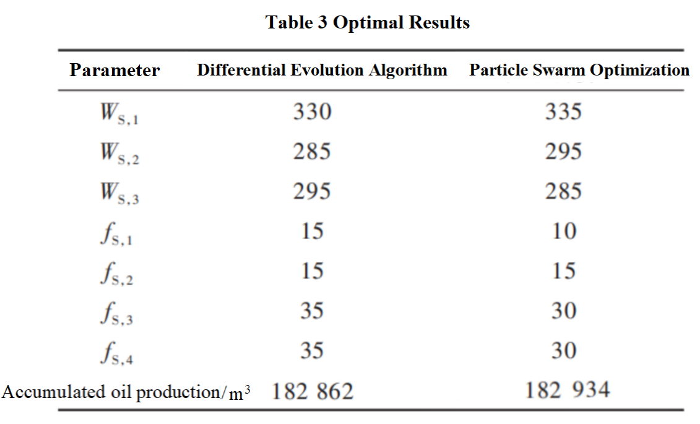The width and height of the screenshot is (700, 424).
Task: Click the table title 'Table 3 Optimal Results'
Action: [x=368, y=23]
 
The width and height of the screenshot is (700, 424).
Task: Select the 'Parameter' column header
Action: [x=115, y=71]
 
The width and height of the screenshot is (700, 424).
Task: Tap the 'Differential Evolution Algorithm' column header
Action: [x=322, y=70]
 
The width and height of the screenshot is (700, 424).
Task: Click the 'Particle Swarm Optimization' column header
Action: [x=579, y=70]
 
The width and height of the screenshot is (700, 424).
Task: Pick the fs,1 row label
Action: [x=116, y=233]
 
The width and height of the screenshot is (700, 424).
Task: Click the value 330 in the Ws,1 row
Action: [x=312, y=112]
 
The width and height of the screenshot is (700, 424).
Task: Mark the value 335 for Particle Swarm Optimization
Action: [x=563, y=112]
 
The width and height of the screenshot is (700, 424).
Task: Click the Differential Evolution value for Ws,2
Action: [x=312, y=152]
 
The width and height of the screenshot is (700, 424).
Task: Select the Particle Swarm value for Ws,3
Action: [x=563, y=191]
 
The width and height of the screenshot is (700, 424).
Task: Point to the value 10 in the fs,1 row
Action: [x=563, y=231]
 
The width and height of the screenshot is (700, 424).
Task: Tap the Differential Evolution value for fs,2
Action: [x=312, y=271]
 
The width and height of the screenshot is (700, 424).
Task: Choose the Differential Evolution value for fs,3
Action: [x=312, y=311]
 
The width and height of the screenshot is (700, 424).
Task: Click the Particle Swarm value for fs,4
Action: [x=563, y=351]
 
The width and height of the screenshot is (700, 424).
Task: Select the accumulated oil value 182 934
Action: [x=567, y=391]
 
